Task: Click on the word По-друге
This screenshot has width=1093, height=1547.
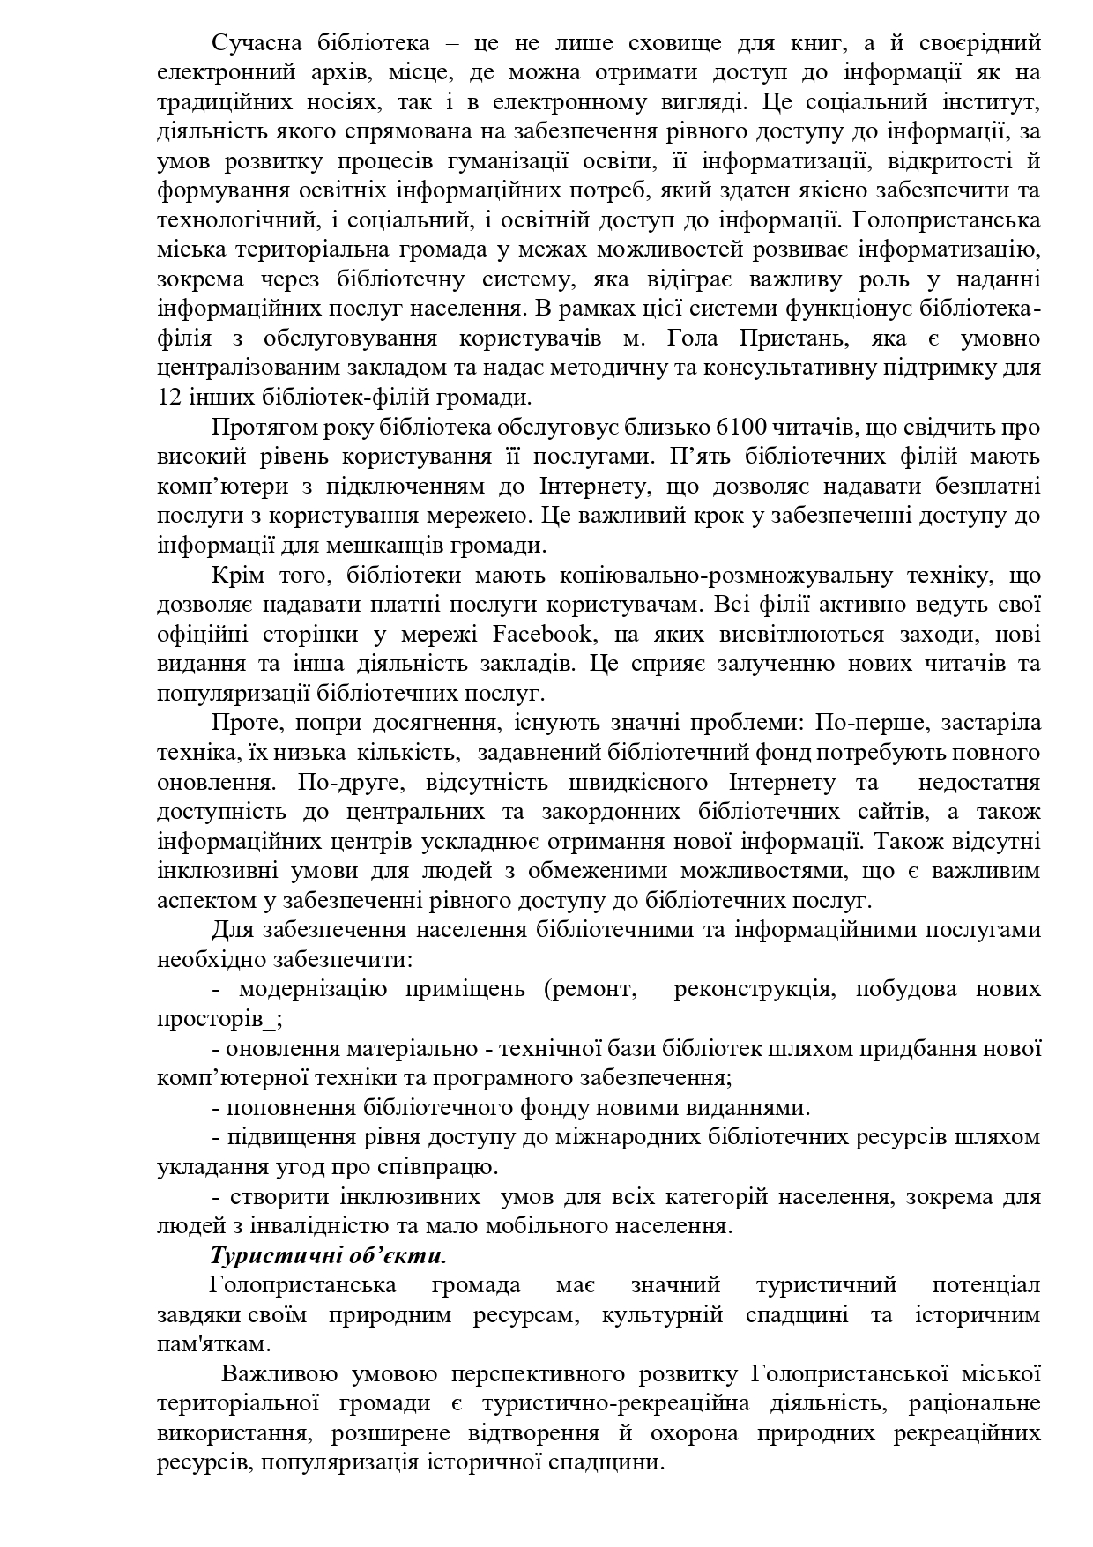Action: coord(349,782)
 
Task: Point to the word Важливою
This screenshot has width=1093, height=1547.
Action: coord(280,1374)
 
